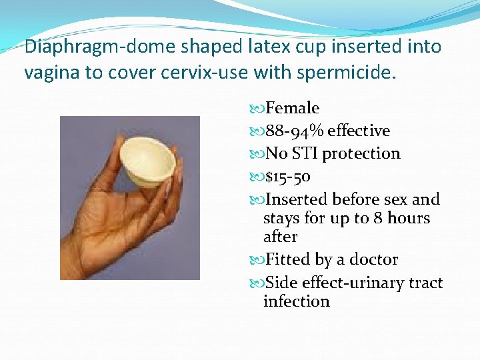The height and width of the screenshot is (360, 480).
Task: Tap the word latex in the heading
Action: point(252,47)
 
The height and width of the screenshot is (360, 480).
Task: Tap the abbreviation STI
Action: point(307,153)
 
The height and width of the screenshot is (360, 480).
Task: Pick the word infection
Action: point(297,301)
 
